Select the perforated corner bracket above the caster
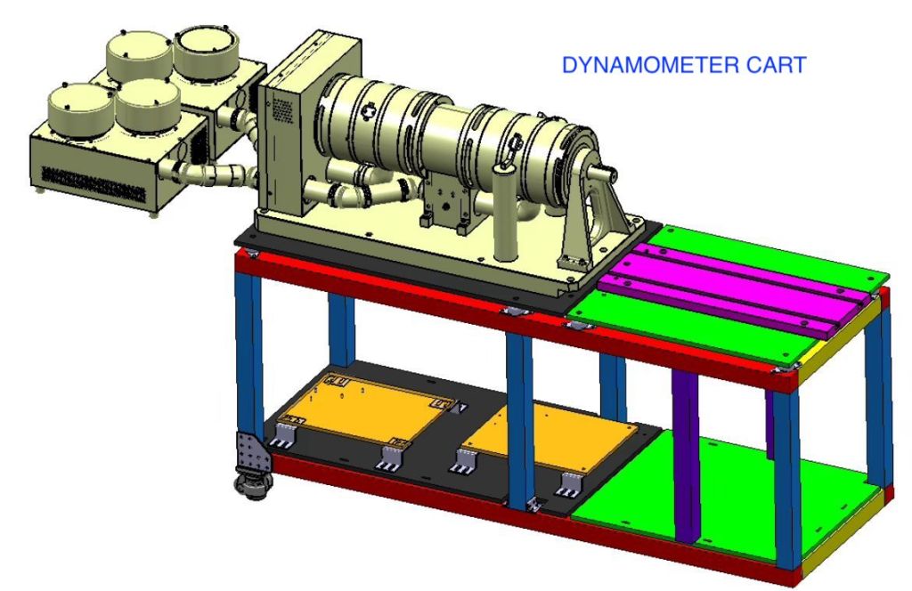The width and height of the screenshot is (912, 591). pos(253,452)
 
